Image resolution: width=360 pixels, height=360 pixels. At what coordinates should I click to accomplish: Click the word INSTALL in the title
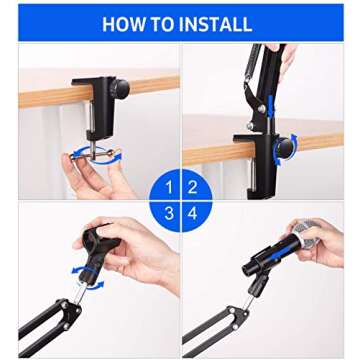(216, 25)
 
